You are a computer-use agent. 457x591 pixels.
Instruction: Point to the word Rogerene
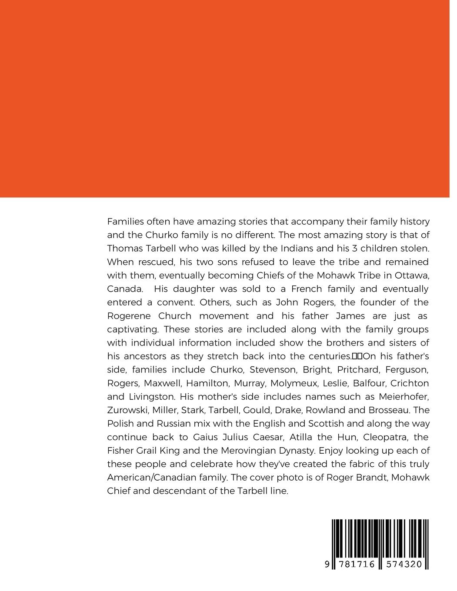(x=128, y=315)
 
